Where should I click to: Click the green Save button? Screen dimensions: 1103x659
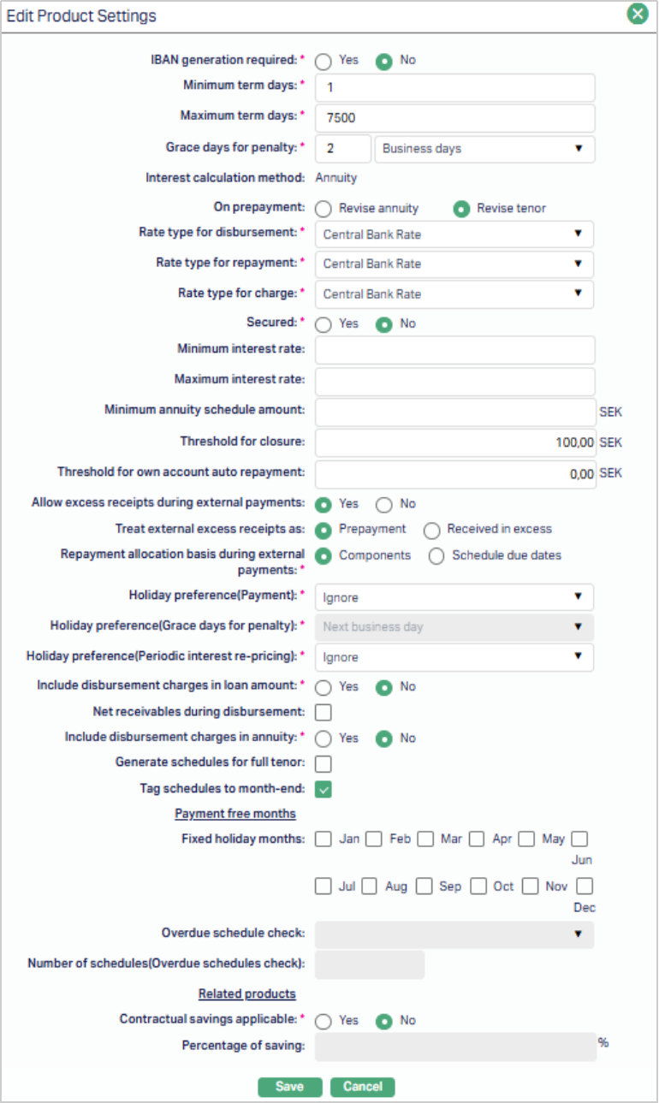click(289, 1087)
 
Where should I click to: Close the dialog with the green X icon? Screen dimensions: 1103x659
click(637, 15)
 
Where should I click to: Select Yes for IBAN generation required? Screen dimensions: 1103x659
click(324, 62)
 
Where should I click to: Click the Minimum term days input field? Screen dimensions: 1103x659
click(454, 87)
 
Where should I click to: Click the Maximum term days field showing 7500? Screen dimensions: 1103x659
click(454, 117)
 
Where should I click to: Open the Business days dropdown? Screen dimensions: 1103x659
click(484, 148)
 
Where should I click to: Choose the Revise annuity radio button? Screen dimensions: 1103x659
click(324, 209)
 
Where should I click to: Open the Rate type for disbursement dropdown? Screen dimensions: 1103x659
click(454, 234)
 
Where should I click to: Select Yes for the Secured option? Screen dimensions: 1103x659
click(324, 324)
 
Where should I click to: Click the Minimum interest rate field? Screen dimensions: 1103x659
click(454, 350)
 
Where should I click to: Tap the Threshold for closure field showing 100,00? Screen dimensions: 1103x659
click(454, 442)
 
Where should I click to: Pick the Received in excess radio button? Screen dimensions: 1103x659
click(432, 530)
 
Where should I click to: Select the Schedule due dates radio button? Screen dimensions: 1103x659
click(436, 556)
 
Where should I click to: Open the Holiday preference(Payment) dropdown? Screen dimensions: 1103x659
click(454, 596)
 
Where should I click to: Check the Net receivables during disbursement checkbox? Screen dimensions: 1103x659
click(324, 712)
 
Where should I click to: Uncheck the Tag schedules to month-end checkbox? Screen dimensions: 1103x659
click(324, 789)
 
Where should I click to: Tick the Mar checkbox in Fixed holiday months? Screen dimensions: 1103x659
click(425, 839)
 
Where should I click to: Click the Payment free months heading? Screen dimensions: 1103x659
click(235, 814)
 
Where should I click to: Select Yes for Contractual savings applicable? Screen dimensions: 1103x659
click(324, 1021)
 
